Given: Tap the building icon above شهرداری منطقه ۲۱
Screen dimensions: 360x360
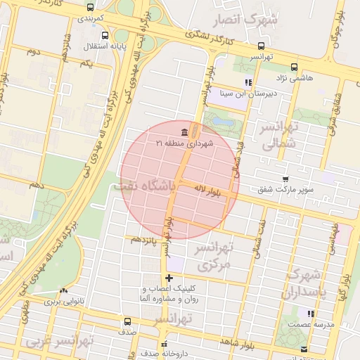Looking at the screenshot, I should (x=184, y=132).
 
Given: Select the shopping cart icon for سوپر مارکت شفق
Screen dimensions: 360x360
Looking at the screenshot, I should (x=285, y=179).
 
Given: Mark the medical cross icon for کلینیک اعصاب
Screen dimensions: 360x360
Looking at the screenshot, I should (x=169, y=278).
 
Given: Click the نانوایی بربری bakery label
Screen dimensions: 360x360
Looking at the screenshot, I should (x=64, y=301).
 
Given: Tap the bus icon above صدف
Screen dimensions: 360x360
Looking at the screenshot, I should (x=127, y=321).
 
